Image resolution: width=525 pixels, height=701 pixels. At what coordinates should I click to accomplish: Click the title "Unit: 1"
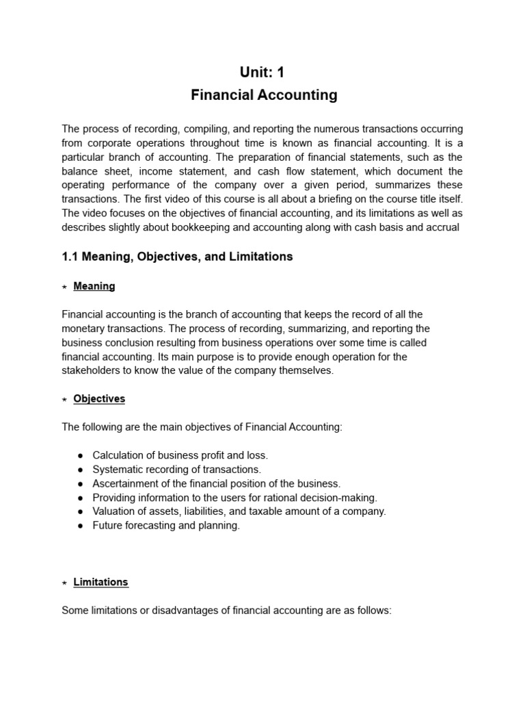pos(262,73)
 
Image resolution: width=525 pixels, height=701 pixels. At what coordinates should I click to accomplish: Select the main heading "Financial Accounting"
pos(263,95)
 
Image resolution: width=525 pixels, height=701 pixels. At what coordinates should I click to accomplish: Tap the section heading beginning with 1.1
pos(177,257)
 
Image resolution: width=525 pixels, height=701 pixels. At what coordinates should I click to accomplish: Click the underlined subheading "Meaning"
pos(94,286)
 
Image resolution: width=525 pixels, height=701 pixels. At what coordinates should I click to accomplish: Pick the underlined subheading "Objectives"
pos(99,398)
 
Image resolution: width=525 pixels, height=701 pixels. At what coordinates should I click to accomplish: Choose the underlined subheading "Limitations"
pos(100,582)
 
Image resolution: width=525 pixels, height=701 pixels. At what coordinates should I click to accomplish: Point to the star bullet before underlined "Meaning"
pos(64,287)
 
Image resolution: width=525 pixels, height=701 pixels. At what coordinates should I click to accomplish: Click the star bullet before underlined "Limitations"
pos(64,583)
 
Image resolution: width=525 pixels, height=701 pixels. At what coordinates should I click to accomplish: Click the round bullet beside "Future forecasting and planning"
pos(81,526)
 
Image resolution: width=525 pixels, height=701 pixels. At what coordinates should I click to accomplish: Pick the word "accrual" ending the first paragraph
pos(442,227)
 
